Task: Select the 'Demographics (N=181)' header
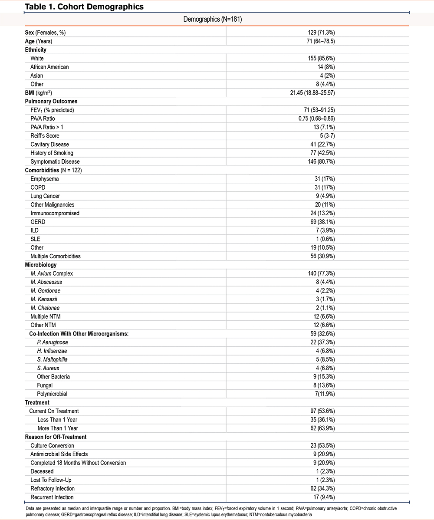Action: [x=215, y=20]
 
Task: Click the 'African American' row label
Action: [x=49, y=67]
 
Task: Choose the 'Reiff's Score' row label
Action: [x=45, y=136]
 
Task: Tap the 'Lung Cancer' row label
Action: [x=45, y=196]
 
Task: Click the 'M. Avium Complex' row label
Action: [x=52, y=273]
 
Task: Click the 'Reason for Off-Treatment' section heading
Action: [x=56, y=437]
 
